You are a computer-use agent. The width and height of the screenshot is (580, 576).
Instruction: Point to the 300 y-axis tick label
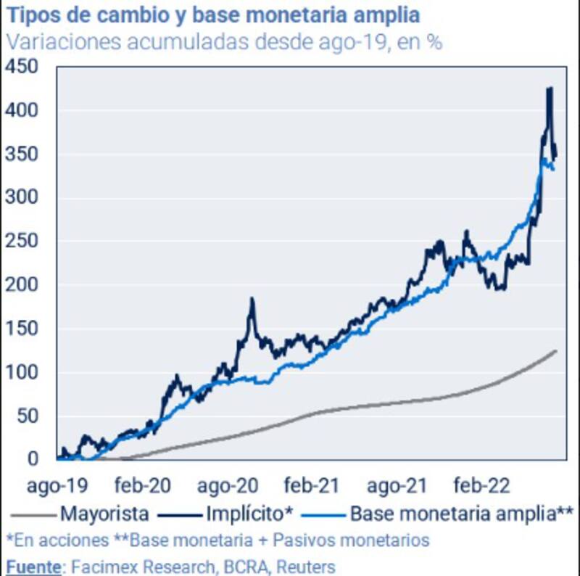click(x=23, y=197)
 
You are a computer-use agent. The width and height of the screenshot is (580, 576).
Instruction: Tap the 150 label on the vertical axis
click(x=23, y=329)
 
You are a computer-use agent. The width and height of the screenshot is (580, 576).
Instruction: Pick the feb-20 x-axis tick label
click(x=140, y=484)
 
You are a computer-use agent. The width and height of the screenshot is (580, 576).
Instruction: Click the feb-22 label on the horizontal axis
click(x=481, y=484)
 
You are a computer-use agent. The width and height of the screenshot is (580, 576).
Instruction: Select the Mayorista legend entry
click(x=105, y=514)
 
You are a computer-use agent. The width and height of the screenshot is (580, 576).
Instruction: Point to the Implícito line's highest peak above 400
click(x=549, y=89)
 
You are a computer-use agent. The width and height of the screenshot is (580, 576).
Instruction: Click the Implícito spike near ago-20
click(x=252, y=299)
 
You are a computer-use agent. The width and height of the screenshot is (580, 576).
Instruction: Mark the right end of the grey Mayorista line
click(x=556, y=351)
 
